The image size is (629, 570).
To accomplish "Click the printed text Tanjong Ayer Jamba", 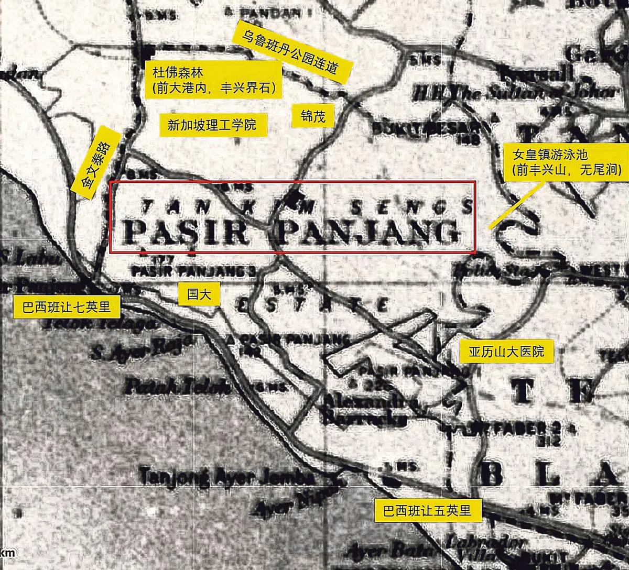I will [226, 478].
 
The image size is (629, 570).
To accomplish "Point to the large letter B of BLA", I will [492, 477].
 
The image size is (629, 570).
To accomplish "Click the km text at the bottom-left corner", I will [7, 553].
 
